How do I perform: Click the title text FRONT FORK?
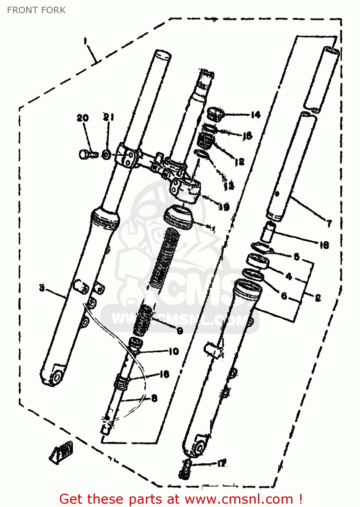click(36, 10)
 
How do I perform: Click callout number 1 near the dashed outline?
click(85, 41)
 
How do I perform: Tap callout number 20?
click(82, 118)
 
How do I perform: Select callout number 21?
click(108, 117)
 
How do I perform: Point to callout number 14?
click(256, 115)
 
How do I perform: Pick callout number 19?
click(224, 207)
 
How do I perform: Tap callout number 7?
click(329, 223)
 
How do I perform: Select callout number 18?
click(324, 245)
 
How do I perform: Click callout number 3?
click(42, 288)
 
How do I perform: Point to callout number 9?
click(180, 331)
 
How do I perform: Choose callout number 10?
click(174, 352)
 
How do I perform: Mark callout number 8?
click(154, 398)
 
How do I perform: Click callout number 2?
click(318, 298)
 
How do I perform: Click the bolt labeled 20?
click(87, 154)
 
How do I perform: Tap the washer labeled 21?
click(106, 155)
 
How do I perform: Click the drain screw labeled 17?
click(184, 470)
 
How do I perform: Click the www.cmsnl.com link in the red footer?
click(239, 499)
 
